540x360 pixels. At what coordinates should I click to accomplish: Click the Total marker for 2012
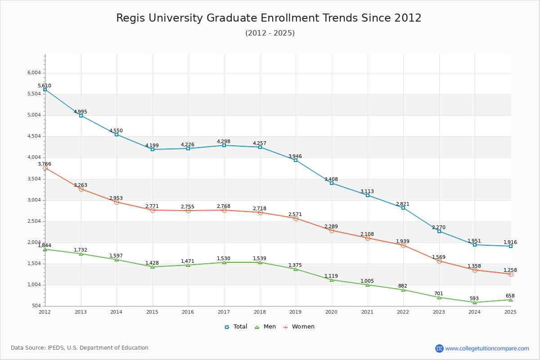click(x=45, y=90)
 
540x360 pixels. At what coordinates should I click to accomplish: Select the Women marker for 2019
click(x=296, y=218)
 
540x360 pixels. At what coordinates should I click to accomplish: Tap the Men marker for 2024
click(x=475, y=302)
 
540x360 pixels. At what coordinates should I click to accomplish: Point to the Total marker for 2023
click(x=439, y=231)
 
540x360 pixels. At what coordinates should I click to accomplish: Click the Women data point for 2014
click(x=117, y=202)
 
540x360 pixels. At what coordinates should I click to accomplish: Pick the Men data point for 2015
click(x=153, y=267)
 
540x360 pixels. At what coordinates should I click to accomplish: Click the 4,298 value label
click(x=224, y=141)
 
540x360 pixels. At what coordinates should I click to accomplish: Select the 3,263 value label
click(x=81, y=185)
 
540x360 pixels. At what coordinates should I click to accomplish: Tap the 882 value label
click(x=403, y=286)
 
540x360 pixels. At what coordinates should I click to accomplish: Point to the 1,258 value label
click(x=510, y=270)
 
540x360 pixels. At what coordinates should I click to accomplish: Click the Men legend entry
click(x=265, y=327)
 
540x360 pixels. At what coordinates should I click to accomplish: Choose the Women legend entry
click(x=299, y=327)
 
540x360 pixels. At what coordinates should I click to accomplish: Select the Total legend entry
click(x=236, y=327)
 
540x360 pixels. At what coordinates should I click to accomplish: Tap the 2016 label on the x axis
click(x=188, y=312)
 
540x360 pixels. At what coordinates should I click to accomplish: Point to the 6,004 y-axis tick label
click(x=34, y=72)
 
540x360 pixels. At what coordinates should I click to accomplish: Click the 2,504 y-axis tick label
click(x=34, y=221)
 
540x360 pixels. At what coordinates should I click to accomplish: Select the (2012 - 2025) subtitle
click(x=270, y=33)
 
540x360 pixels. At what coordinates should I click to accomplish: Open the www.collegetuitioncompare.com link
click(x=487, y=348)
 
